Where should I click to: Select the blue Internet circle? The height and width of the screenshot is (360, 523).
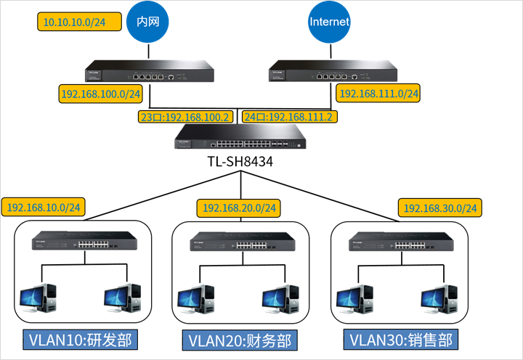329,22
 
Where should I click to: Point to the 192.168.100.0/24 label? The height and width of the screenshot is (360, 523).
102,94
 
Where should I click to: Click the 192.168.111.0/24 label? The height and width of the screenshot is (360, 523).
379,94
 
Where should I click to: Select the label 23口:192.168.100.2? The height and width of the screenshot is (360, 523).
185,116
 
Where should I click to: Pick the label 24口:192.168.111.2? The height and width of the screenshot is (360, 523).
291,116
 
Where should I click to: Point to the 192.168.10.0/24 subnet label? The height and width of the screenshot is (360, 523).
44,207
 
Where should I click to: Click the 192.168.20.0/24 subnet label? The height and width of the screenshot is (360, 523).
239,208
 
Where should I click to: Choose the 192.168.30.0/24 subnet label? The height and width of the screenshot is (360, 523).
441,208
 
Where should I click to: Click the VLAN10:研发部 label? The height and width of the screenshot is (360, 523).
81,340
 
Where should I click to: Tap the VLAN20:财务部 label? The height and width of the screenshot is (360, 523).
239,340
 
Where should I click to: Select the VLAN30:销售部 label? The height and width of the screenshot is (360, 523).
400,340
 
